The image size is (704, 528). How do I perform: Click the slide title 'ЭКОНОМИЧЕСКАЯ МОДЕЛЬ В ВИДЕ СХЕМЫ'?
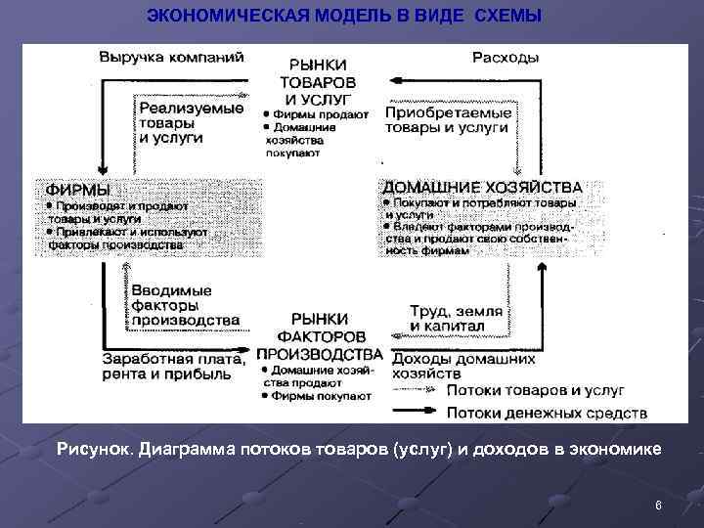(342, 17)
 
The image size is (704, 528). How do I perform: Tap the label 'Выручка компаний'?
(171, 57)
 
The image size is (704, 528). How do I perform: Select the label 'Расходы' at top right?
(505, 57)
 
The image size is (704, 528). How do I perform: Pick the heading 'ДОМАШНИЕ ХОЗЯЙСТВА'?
(482, 186)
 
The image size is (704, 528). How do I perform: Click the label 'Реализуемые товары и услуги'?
(191, 123)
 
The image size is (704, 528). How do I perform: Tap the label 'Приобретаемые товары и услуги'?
(447, 120)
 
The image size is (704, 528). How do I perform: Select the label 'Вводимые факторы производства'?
(185, 306)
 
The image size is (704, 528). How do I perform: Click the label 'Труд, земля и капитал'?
(457, 318)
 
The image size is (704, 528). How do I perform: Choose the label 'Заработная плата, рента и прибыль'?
(172, 366)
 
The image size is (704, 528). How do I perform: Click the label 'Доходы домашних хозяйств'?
(462, 366)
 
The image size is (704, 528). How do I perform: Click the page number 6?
(658, 506)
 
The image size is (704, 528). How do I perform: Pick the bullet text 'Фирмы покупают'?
(322, 397)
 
